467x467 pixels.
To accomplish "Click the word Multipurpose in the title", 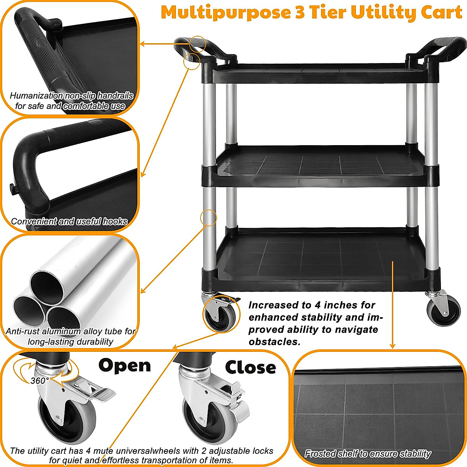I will click(226, 12).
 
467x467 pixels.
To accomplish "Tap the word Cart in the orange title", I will click(441, 12).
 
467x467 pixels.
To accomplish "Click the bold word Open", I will click(124, 366).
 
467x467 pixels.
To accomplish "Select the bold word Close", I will click(250, 368).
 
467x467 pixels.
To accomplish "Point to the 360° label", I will click(40, 381).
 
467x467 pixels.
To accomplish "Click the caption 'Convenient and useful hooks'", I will click(69, 221).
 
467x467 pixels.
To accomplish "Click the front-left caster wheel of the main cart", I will click(220, 314).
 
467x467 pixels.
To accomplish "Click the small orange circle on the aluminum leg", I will click(209, 218).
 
